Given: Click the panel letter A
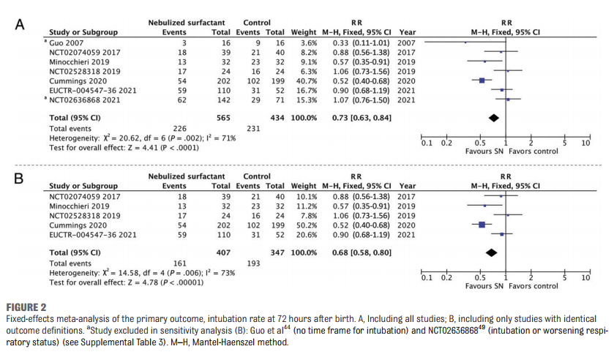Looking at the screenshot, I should pos(20,23).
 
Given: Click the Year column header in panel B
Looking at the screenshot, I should pos(408,186).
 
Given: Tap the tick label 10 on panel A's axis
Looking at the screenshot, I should pos(585,143).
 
